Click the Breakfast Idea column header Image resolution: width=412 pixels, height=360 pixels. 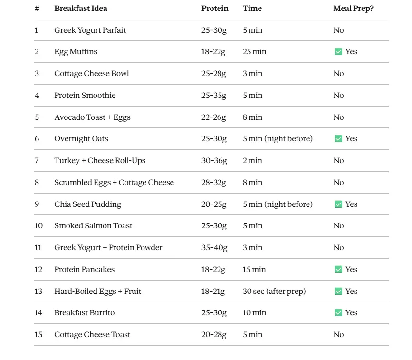[81, 9]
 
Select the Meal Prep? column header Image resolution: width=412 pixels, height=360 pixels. [353, 9]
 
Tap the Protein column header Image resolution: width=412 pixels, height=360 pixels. [215, 9]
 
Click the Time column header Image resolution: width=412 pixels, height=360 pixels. [252, 9]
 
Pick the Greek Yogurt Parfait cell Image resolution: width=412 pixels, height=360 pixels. [90, 30]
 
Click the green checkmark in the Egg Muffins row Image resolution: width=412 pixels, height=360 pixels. [338, 52]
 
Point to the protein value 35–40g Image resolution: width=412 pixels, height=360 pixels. [214, 248]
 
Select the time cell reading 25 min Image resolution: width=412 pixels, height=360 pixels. [254, 52]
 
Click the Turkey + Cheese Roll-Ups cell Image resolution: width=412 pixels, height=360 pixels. [100, 161]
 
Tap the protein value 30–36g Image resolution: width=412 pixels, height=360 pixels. [214, 161]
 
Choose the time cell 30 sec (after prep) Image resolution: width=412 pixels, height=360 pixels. [274, 291]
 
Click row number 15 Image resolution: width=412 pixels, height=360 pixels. [38, 335]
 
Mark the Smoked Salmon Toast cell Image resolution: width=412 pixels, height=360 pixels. [93, 226]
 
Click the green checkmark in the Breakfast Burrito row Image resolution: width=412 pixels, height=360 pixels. [338, 313]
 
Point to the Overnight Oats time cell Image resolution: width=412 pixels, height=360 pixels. [278, 139]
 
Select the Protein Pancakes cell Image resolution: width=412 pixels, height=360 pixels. [84, 270]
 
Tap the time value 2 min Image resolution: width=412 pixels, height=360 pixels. [252, 161]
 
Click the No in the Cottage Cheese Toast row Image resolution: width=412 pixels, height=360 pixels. [338, 335]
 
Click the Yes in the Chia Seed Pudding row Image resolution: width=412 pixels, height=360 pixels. [351, 204]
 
